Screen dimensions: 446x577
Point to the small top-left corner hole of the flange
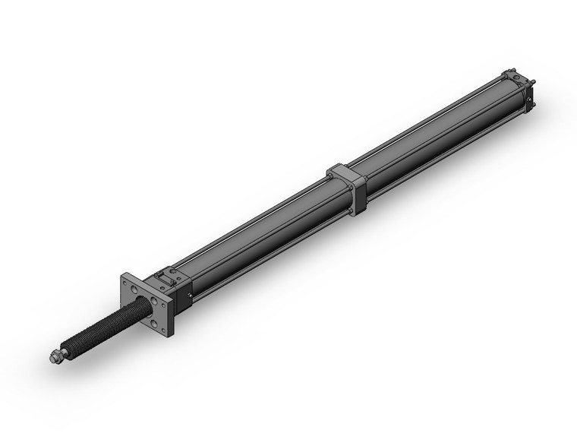click(125, 283)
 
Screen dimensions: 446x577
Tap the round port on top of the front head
click(174, 271)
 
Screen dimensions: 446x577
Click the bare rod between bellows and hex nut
click(64, 351)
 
